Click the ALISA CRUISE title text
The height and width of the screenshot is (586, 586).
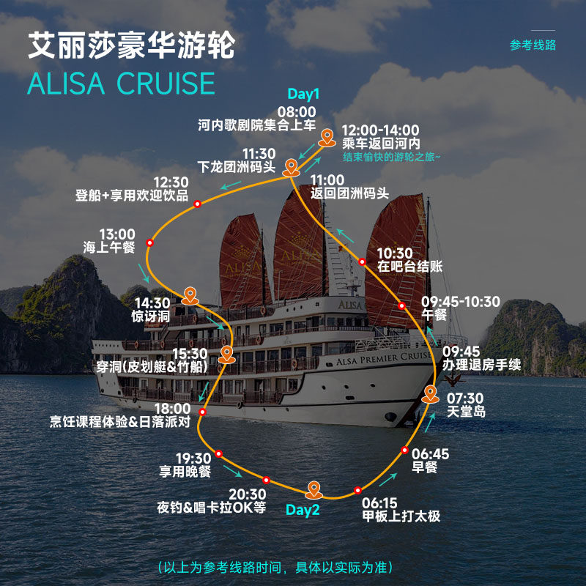122,83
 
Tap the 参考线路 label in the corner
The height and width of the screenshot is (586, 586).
533,45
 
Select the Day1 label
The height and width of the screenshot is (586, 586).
303,94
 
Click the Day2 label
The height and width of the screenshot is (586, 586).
303,510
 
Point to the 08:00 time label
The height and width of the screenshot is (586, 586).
296,111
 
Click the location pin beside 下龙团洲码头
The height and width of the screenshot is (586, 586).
292,167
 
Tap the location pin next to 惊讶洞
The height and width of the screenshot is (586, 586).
190,295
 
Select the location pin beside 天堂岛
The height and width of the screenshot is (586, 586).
431,394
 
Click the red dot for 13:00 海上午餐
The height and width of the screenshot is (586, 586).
149,242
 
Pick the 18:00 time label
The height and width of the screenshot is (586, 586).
173,409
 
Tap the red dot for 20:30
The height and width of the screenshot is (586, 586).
266,481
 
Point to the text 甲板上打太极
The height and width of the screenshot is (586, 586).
401,516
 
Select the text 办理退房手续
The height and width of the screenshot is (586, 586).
481,364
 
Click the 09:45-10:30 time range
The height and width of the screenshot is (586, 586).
461,302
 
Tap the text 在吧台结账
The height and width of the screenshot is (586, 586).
409,267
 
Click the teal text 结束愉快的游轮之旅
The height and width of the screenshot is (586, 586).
393,157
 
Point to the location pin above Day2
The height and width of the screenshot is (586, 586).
314,489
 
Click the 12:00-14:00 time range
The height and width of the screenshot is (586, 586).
381,130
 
